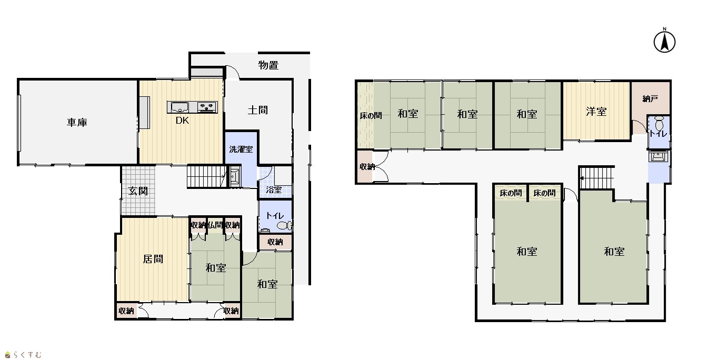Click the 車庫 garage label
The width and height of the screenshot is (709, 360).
coord(77,122)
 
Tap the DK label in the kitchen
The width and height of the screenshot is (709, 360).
coord(182,121)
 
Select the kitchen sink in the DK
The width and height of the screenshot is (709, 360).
coord(180,107)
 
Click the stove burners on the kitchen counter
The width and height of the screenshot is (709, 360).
coord(207,107)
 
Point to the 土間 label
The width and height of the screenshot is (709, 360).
coord(258,110)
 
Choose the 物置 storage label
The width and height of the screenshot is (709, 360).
coord(268,65)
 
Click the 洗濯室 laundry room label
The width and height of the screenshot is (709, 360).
coord(241,149)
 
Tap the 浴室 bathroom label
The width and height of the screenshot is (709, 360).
coord(274,189)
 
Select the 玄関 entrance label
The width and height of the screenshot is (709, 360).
coord(138,191)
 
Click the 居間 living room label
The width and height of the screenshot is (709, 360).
coord(153,259)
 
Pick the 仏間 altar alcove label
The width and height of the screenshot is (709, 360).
coord(215,225)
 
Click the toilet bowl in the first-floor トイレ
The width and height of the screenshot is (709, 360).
coord(284,225)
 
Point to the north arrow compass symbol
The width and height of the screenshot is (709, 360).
coord(664,41)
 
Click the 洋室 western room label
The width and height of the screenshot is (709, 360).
coord(596,112)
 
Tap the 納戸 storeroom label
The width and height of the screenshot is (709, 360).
coord(650,99)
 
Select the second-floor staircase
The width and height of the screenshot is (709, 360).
coord(597,178)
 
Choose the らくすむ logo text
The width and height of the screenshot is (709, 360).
coord(27,355)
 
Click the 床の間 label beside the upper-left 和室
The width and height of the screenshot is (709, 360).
coord(371,116)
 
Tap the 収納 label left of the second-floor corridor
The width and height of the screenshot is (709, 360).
coord(367,166)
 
